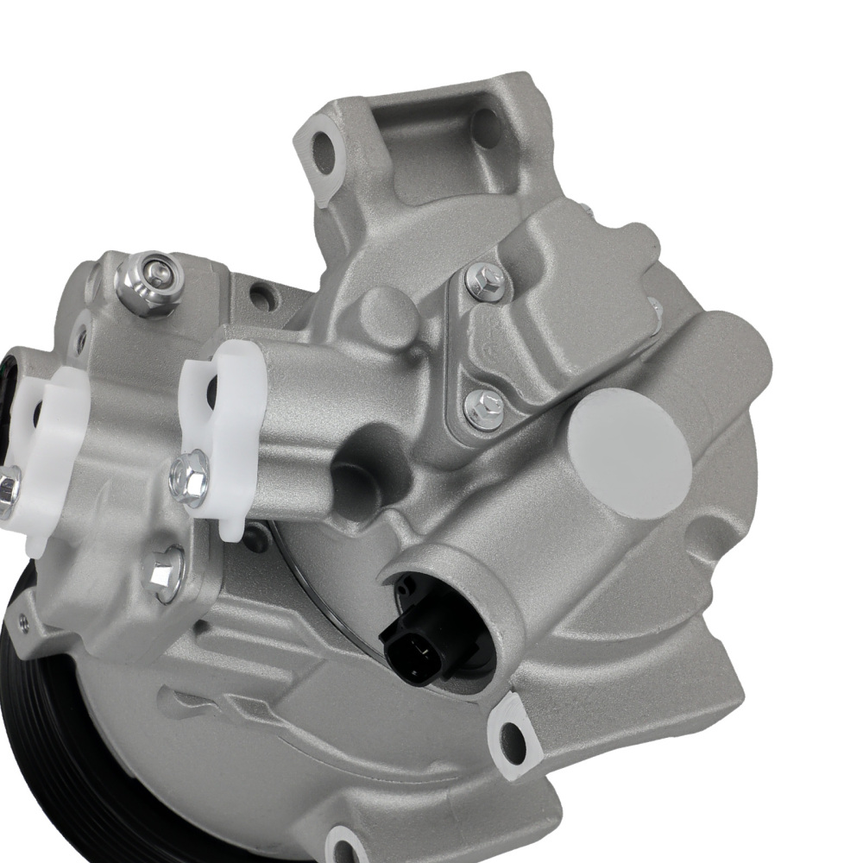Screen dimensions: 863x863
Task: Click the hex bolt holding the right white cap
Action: coord(189,476)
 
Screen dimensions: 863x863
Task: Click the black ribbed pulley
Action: coord(60,734)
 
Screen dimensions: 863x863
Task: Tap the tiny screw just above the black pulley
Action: coord(23,627)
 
